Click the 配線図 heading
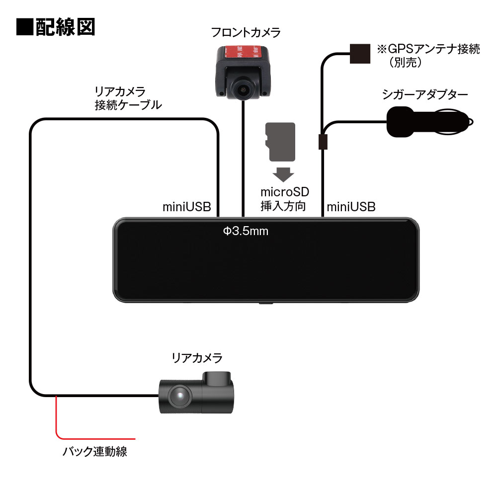coord(55,27)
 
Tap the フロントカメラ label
coord(246,33)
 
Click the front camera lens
coord(243,89)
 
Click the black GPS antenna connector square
coord(360,53)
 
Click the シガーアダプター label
coord(425,94)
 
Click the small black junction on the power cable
coord(323,141)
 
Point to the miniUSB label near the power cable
coord(351,207)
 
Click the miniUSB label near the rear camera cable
coord(187,207)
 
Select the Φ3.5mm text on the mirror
coord(246,231)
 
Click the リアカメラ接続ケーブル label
coord(128,98)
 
